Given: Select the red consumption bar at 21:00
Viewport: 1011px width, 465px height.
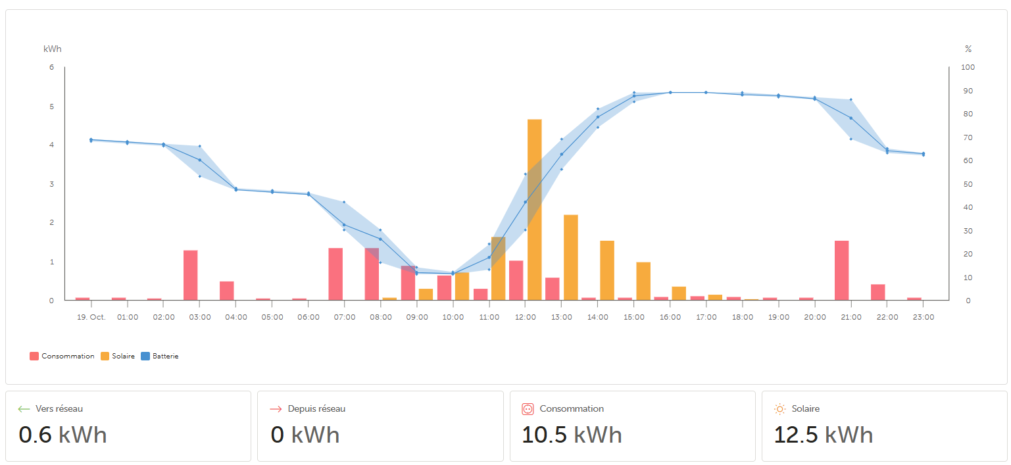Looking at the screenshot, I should (841, 270).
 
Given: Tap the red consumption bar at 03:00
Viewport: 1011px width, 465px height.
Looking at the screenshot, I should (191, 275).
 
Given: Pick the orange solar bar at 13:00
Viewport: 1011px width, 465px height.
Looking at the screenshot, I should (570, 257).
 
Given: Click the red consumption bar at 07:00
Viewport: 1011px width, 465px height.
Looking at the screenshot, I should (335, 274).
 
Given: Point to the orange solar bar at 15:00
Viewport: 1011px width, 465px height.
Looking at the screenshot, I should (643, 281).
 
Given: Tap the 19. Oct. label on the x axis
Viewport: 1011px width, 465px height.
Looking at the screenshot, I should (91, 317).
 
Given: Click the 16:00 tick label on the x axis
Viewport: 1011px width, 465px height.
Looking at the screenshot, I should (670, 317).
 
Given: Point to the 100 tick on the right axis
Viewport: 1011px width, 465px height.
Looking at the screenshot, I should (968, 67).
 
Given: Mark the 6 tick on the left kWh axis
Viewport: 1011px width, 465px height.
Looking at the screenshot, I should (51, 67).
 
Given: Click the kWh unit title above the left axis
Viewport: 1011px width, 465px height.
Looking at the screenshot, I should (53, 49).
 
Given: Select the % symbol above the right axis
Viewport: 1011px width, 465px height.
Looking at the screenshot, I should (968, 49).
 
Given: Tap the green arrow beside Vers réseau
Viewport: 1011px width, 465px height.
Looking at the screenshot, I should (24, 409).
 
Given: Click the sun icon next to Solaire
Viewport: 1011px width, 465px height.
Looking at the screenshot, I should (780, 409).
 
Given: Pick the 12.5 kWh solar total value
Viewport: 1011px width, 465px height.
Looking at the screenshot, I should (823, 435).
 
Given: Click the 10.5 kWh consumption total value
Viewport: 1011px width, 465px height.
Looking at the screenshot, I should (571, 435).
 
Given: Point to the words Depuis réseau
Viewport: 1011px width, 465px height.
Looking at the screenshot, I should (316, 408).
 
